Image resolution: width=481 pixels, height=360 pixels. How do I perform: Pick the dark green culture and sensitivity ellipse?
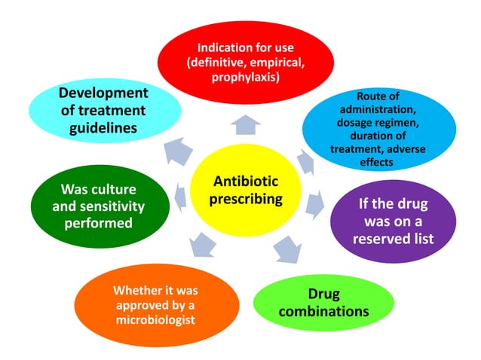coord(92,206)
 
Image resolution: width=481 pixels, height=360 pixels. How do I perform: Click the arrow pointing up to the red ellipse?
coord(245,124)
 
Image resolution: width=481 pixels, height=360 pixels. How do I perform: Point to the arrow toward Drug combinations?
coord(286,249)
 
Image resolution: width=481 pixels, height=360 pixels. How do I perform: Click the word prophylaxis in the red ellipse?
coord(246,78)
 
